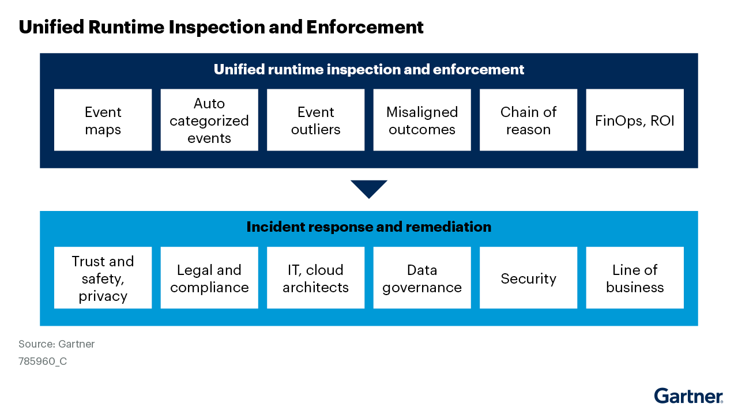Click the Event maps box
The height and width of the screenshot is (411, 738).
pyautogui.click(x=103, y=120)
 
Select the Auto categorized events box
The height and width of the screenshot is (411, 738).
pyautogui.click(x=209, y=120)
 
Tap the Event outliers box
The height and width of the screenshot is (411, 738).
pyautogui.click(x=316, y=120)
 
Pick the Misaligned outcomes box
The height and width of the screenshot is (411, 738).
pyautogui.click(x=422, y=120)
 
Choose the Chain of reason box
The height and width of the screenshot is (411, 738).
pyautogui.click(x=528, y=120)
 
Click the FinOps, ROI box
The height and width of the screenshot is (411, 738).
pyautogui.click(x=635, y=120)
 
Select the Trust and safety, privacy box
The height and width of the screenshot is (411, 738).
pyautogui.click(x=103, y=278)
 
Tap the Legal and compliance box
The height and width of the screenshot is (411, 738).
pyautogui.click(x=209, y=278)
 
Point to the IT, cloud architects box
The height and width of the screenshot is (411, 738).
pyautogui.click(x=316, y=278)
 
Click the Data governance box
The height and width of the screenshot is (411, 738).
pyautogui.click(x=422, y=278)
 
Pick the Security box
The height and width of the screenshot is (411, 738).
pyautogui.click(x=528, y=278)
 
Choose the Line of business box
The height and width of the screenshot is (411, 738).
pyautogui.click(x=635, y=278)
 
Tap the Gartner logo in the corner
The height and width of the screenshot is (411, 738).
pyautogui.click(x=688, y=396)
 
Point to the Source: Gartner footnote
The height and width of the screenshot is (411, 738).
pyautogui.click(x=57, y=344)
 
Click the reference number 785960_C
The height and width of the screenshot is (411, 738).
pyautogui.click(x=43, y=362)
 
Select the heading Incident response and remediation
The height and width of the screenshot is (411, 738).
pyautogui.click(x=369, y=227)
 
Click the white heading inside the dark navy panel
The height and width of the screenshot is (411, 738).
pyautogui.click(x=369, y=70)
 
